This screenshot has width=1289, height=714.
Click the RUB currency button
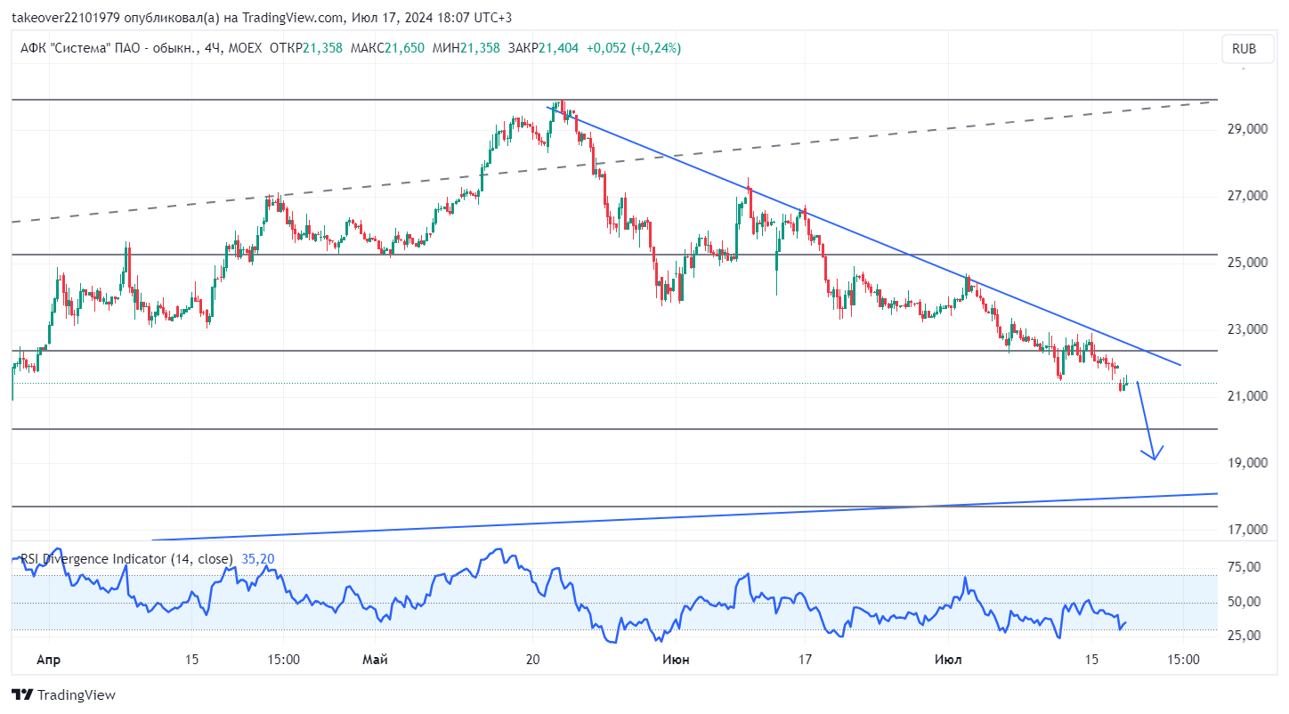point(1244,49)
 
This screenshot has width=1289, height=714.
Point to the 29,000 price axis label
point(1247,129)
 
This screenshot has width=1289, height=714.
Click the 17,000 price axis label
point(1247,530)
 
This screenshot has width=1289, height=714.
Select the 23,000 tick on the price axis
point(1247,329)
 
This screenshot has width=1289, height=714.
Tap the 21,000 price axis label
point(1247,396)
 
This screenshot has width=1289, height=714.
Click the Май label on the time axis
point(375,660)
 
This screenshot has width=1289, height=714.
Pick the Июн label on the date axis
point(676,660)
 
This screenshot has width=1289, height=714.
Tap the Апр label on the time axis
point(48,660)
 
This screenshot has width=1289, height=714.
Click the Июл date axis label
point(948,660)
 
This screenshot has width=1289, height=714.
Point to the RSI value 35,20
point(258,559)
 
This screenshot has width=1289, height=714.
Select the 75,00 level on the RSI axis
point(1244,567)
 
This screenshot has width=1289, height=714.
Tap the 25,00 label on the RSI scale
point(1244,635)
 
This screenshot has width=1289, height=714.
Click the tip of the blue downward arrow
point(1155,459)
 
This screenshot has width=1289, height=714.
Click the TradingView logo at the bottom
point(64,695)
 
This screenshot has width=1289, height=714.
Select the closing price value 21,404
point(558,48)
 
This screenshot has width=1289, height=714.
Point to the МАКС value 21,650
point(404,48)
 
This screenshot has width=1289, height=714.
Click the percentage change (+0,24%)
point(656,48)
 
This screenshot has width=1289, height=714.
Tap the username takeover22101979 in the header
point(66,18)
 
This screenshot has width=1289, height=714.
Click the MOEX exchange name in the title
point(245,48)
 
